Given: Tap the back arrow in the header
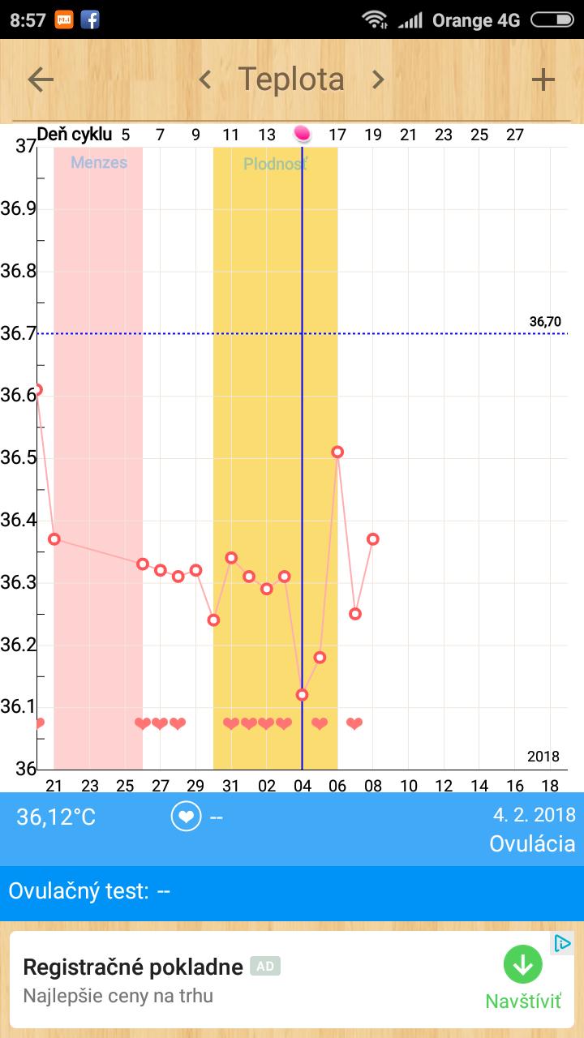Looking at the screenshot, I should [41, 79].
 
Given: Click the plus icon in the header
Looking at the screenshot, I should [543, 79].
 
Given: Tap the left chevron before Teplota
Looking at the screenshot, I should [205, 79].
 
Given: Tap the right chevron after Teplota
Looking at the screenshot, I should [378, 79].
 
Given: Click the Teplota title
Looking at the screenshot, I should [291, 79].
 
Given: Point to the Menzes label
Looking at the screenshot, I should [99, 162].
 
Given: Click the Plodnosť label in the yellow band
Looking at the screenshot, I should [276, 165].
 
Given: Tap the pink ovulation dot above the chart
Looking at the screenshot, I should [302, 133].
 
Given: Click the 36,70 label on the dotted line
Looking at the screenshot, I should [545, 322].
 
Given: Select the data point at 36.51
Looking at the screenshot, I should [337, 452].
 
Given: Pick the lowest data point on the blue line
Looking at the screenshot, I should [302, 694].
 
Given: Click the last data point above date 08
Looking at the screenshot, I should [373, 538].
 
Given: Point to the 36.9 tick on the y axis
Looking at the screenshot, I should [18, 209].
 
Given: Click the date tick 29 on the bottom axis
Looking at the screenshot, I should [195, 786].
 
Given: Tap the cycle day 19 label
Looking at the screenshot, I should [373, 135].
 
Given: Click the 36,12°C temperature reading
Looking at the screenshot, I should [56, 817].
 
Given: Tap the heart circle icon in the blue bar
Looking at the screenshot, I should [186, 817].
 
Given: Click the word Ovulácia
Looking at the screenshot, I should [532, 844].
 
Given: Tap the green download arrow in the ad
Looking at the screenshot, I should [522, 965].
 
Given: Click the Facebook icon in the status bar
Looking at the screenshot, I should [90, 19].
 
